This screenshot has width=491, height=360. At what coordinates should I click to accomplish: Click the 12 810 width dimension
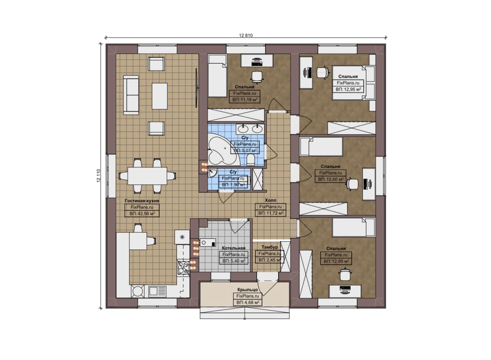pos(246,35)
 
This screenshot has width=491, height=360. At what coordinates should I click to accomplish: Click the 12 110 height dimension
pos(99,175)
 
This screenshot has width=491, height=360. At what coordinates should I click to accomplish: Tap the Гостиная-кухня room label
pos(142,201)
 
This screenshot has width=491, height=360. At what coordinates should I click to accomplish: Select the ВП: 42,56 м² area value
pos(142,214)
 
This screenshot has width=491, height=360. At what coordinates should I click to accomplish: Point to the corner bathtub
pos(222,151)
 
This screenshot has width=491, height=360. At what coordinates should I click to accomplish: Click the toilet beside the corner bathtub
pos(250,159)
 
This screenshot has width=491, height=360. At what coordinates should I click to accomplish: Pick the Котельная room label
pos(234,248)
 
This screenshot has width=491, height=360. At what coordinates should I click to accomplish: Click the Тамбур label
pos(269,247)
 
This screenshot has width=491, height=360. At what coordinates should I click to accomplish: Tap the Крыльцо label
pos(247,289)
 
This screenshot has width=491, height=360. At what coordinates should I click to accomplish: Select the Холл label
pos(270,200)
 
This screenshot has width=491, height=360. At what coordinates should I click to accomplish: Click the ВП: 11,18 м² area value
pos(245,100)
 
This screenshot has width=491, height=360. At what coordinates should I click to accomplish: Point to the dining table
pos(147,176)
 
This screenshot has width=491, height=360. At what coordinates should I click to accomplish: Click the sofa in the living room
pos(131,95)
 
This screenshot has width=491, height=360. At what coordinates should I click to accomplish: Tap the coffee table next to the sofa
pos(160,96)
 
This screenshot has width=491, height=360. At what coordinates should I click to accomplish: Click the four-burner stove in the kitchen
pos(183,268)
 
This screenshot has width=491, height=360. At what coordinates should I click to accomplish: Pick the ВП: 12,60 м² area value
pos(331,179)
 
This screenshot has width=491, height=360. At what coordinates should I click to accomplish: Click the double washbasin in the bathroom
pos(250,129)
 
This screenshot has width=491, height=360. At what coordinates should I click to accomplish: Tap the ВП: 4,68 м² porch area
pos(248,302)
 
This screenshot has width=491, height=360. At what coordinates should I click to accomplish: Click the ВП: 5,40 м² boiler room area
pos(234,261)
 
